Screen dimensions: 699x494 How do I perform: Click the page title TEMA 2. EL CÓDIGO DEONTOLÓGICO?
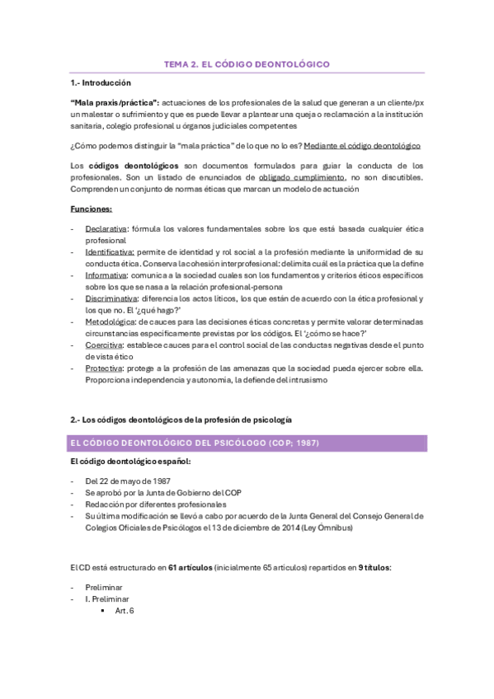pyautogui.click(x=247, y=63)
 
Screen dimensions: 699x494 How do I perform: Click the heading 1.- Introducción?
pyautogui.click(x=101, y=83)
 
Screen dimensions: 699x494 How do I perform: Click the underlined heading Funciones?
pyautogui.click(x=92, y=209)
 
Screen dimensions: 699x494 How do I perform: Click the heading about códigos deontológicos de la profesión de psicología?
pyautogui.click(x=181, y=421)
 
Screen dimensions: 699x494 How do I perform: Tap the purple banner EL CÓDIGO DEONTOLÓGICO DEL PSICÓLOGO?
pyautogui.click(x=247, y=443)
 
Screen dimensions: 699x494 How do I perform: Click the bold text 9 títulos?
pyautogui.click(x=379, y=569)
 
